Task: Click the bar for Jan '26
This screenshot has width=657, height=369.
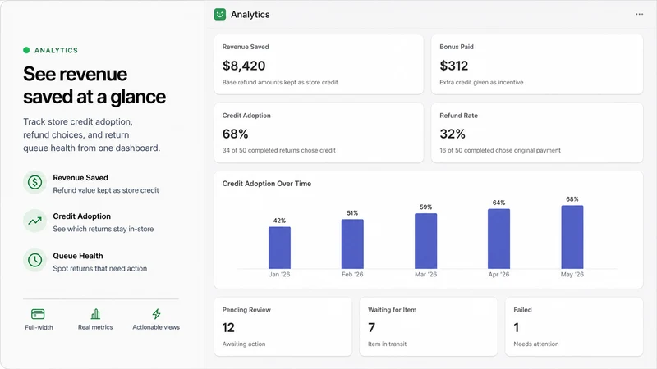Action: pos(279,248)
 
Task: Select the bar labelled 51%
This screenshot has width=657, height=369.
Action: pos(352,244)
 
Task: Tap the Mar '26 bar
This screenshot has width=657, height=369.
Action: pos(425,241)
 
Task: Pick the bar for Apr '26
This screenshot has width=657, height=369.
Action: pos(498,239)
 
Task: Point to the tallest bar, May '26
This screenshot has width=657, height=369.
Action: pos(572,237)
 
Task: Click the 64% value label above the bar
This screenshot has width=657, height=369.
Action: pos(498,203)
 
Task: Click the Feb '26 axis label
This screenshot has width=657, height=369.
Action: pos(352,275)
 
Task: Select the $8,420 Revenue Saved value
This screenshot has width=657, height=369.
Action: pos(244,66)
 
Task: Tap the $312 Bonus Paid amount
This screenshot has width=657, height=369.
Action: pos(454,66)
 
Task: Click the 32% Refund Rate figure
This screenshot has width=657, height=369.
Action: pos(453,134)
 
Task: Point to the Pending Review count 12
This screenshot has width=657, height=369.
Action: pos(228,327)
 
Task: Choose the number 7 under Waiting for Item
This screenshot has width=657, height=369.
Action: pos(372,327)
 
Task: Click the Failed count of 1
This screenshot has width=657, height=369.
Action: pos(517,327)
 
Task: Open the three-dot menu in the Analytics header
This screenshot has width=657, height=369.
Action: pos(640,14)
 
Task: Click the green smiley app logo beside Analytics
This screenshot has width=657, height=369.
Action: pos(220,14)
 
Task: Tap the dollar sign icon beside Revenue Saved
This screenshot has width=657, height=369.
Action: pos(34,182)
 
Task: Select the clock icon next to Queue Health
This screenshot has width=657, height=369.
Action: pos(34,260)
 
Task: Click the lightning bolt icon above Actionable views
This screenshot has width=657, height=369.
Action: pos(156,314)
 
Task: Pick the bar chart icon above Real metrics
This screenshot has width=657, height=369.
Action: pos(95,314)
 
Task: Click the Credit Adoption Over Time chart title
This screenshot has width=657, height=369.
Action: pos(267,184)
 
